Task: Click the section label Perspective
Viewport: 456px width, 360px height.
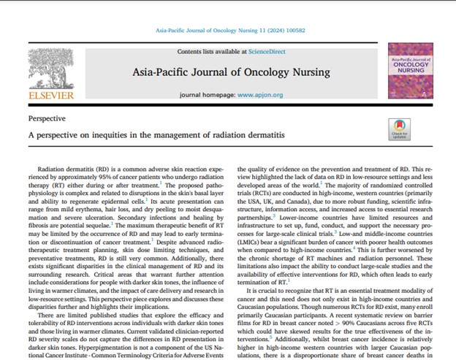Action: pyautogui.click(x=47, y=117)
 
